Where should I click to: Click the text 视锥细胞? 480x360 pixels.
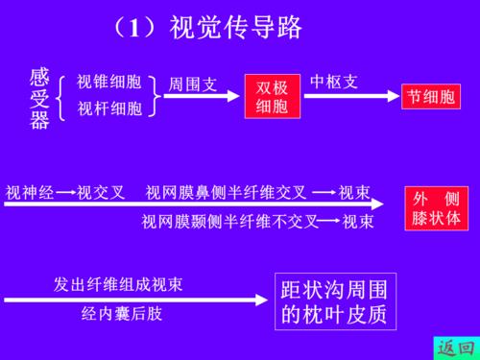click(x=109, y=83)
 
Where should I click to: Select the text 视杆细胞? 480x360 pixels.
click(x=109, y=108)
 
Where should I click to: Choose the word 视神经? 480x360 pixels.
click(x=30, y=192)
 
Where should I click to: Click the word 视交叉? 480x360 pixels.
click(x=101, y=192)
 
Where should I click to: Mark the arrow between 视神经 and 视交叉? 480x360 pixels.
click(x=65, y=192)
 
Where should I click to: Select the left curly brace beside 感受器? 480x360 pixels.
click(x=62, y=97)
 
